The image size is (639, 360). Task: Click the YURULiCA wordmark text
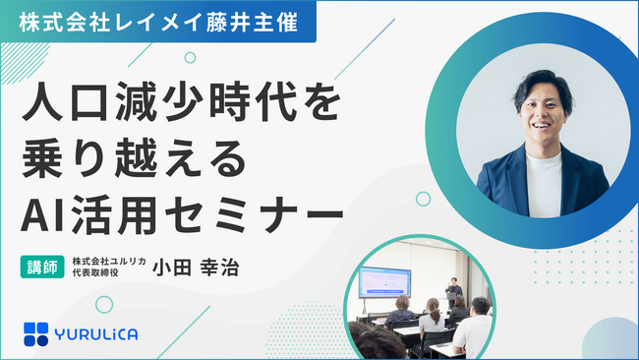click(96, 332)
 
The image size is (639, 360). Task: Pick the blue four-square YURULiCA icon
click(36, 332)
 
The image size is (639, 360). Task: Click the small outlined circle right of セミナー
click(423, 199)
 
